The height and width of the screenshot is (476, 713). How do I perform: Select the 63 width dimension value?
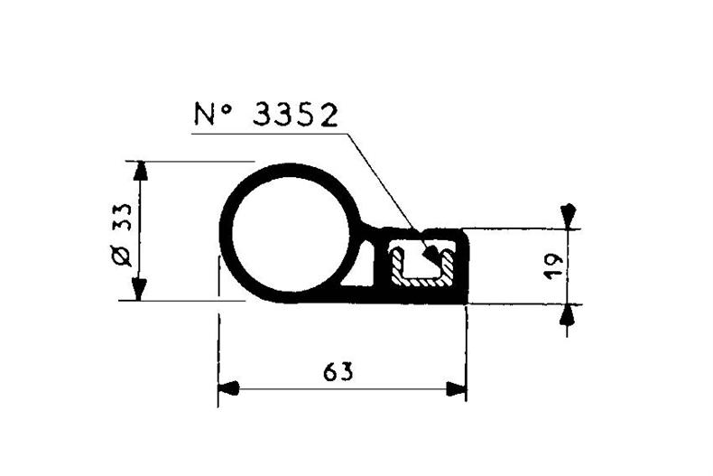pyautogui.click(x=336, y=371)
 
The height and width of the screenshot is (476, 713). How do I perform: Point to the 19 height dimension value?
pyautogui.click(x=554, y=264)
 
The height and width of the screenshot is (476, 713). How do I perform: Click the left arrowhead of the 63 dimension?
pyautogui.click(x=229, y=389)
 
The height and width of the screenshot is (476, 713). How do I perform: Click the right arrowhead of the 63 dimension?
pyautogui.click(x=457, y=389)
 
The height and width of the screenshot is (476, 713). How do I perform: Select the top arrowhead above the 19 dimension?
pyautogui.click(x=567, y=214)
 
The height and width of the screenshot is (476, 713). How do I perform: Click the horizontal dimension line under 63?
pyautogui.click(x=343, y=389)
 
